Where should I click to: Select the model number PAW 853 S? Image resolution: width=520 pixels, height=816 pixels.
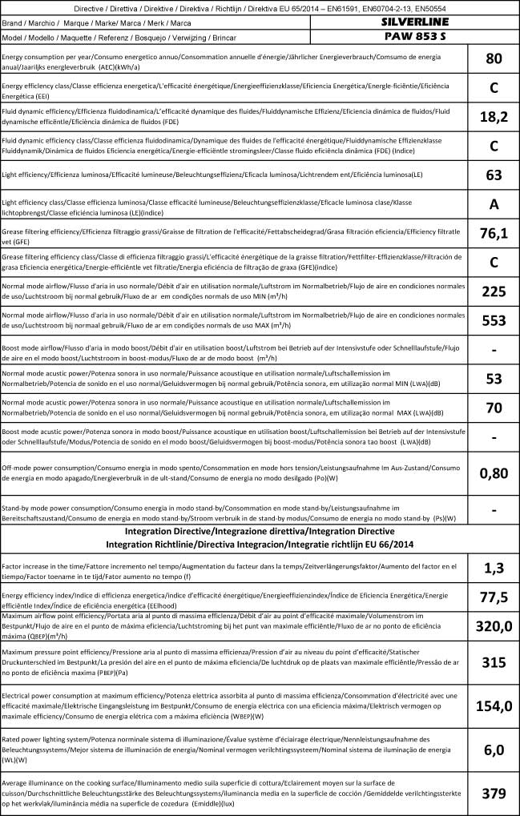coord(414,37)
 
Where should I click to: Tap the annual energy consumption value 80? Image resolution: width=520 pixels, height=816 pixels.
coord(494,58)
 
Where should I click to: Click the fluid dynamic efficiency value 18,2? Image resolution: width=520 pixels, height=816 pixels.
coord(494,117)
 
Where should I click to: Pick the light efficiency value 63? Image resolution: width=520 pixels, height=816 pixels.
coord(494,175)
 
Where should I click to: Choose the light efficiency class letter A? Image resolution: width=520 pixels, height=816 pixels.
coord(494,204)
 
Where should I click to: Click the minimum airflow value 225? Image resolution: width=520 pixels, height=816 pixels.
coord(494,291)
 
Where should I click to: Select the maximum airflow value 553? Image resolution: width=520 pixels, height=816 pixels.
coord(494,320)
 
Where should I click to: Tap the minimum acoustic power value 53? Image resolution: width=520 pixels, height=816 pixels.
coord(494,378)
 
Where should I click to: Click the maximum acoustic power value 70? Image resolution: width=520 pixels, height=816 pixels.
coord(494,408)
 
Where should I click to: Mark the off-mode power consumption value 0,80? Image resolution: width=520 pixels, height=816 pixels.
coord(494,472)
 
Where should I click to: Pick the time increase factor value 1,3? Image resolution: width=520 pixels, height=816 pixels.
coord(494,568)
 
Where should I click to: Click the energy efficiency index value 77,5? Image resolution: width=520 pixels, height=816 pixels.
coord(494,597)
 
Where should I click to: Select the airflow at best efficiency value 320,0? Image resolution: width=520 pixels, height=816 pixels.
coord(494,626)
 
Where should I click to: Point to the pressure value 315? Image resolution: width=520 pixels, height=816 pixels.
coord(494,662)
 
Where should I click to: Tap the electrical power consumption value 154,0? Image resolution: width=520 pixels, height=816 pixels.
coord(494,705)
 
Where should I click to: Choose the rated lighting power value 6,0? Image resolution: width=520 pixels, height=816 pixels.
coord(494,750)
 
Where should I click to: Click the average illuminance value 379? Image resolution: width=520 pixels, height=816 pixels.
coord(494,793)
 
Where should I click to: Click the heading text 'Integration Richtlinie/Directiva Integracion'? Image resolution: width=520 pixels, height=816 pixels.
coord(260,544)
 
